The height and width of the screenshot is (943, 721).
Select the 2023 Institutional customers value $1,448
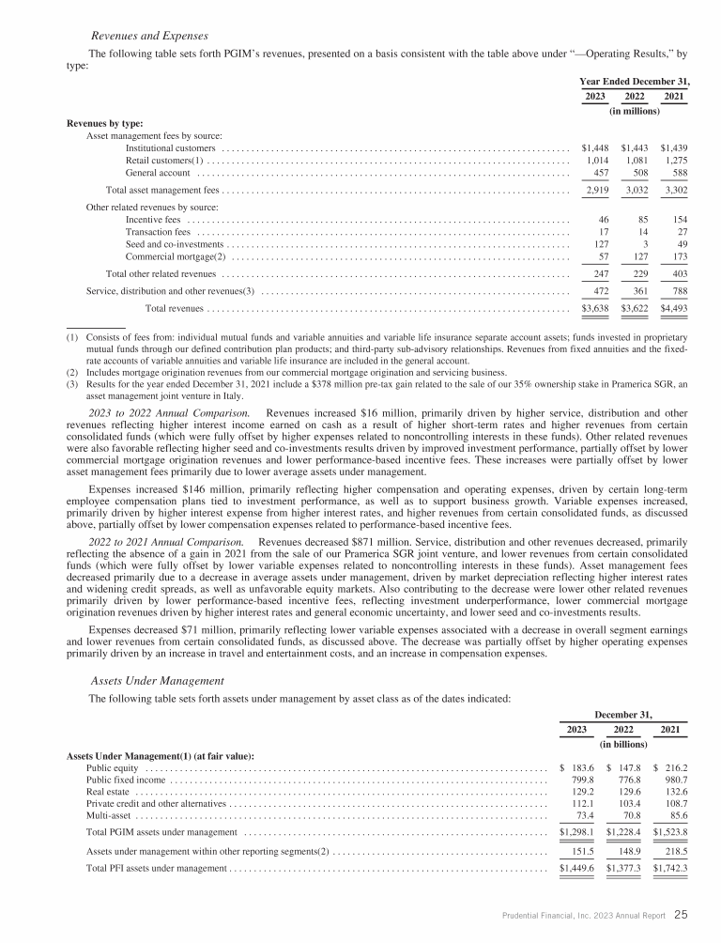596,148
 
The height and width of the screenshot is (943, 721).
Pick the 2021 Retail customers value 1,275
674,161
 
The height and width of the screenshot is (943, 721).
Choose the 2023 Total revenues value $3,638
596,307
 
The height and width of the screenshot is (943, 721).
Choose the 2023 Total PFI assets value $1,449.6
577,867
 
